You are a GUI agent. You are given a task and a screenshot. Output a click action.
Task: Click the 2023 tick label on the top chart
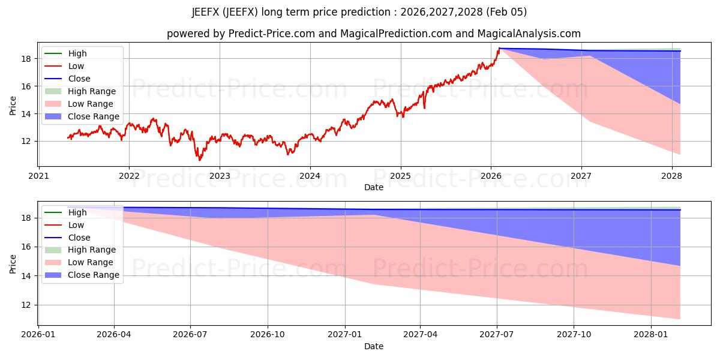click(x=219, y=176)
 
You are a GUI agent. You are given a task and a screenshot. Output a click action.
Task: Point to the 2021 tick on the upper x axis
click(x=38, y=176)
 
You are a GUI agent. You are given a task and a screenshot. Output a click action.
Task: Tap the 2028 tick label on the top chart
click(x=671, y=176)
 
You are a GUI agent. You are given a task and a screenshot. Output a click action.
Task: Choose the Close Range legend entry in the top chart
click(x=93, y=116)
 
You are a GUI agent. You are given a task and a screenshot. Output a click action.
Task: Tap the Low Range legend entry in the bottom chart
click(x=91, y=262)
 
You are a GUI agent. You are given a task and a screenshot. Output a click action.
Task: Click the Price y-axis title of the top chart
click(x=13, y=106)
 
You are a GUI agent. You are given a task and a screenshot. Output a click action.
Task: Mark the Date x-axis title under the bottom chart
click(x=373, y=346)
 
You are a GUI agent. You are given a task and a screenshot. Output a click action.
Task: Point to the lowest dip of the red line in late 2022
click(x=200, y=160)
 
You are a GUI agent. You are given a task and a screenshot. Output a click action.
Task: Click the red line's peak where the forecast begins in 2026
click(x=499, y=49)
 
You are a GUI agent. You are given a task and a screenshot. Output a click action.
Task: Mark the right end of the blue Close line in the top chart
click(x=680, y=51)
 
